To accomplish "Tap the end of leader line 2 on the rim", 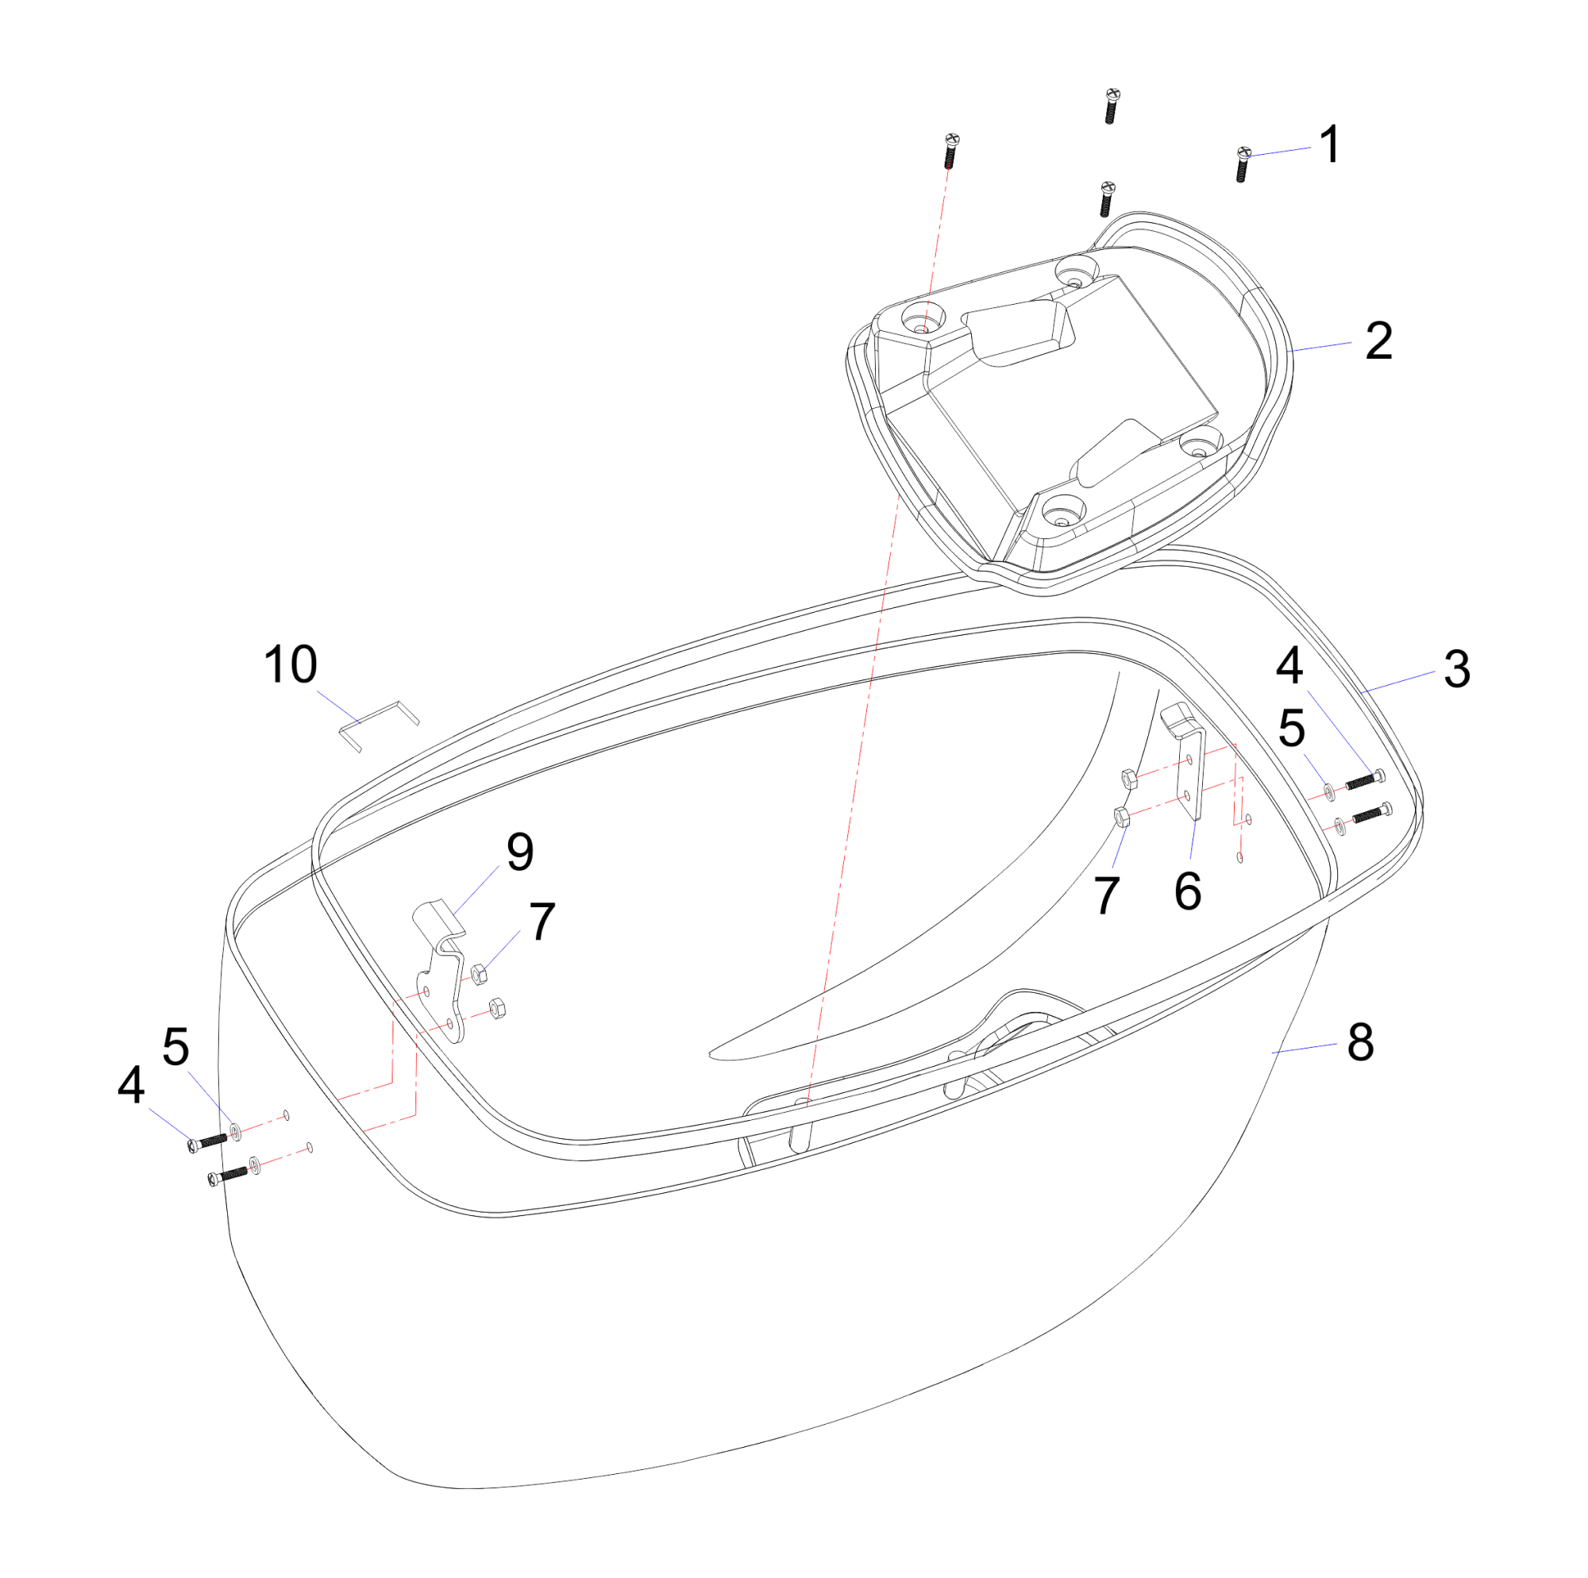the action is pyautogui.click(x=1288, y=352).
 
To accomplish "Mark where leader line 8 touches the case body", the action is pyautogui.click(x=1271, y=1052).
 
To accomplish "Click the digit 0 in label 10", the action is pyautogui.click(x=301, y=664).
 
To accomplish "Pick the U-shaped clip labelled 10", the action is pyautogui.click(x=379, y=725).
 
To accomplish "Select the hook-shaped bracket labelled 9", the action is pyautogui.click(x=439, y=971).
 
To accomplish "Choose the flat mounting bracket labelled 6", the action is pyautogui.click(x=1184, y=761).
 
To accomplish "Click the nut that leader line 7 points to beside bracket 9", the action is pyautogui.click(x=480, y=974).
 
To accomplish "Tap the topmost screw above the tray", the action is pyautogui.click(x=1112, y=106).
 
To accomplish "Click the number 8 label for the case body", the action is pyautogui.click(x=1361, y=1041).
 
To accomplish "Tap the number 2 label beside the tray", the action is pyautogui.click(x=1379, y=341).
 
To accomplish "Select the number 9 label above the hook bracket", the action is pyautogui.click(x=519, y=852).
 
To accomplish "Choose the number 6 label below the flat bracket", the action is pyautogui.click(x=1188, y=891).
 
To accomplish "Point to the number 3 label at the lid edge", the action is pyautogui.click(x=1457, y=669).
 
